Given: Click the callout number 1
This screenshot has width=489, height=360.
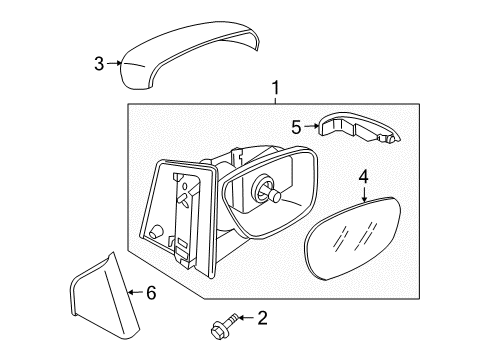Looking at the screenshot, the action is pyautogui.click(x=275, y=88).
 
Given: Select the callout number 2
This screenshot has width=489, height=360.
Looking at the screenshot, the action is pyautogui.click(x=263, y=318).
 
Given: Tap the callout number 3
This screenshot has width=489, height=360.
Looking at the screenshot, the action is pyautogui.click(x=99, y=64).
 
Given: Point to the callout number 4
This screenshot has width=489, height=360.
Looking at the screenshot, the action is pyautogui.click(x=364, y=177).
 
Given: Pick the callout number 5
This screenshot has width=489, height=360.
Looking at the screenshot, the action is pyautogui.click(x=296, y=127).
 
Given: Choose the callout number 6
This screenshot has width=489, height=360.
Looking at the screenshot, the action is pyautogui.click(x=151, y=293).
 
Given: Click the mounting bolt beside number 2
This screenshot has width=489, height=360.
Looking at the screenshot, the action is pyautogui.click(x=224, y=326).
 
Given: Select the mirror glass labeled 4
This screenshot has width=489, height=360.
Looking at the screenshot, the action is pyautogui.click(x=353, y=238).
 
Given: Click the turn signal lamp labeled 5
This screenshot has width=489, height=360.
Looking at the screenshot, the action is pyautogui.click(x=359, y=127).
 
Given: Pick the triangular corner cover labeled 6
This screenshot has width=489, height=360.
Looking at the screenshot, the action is pyautogui.click(x=106, y=295).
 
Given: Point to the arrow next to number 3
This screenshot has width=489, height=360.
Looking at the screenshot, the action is pyautogui.click(x=114, y=63).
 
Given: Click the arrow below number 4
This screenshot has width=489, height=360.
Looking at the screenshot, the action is pyautogui.click(x=364, y=194).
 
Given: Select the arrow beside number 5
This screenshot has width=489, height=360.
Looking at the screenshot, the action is pyautogui.click(x=311, y=126).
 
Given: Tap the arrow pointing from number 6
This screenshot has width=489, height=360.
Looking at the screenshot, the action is pyautogui.click(x=136, y=292).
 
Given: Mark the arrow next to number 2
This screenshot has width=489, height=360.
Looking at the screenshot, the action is pyautogui.click(x=246, y=318).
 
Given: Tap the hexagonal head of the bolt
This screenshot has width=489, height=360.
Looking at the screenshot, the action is pyautogui.click(x=217, y=332).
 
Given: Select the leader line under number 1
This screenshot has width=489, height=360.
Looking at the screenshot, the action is pyautogui.click(x=276, y=100).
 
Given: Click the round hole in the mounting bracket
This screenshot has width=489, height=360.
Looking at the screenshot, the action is pyautogui.click(x=156, y=232).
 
